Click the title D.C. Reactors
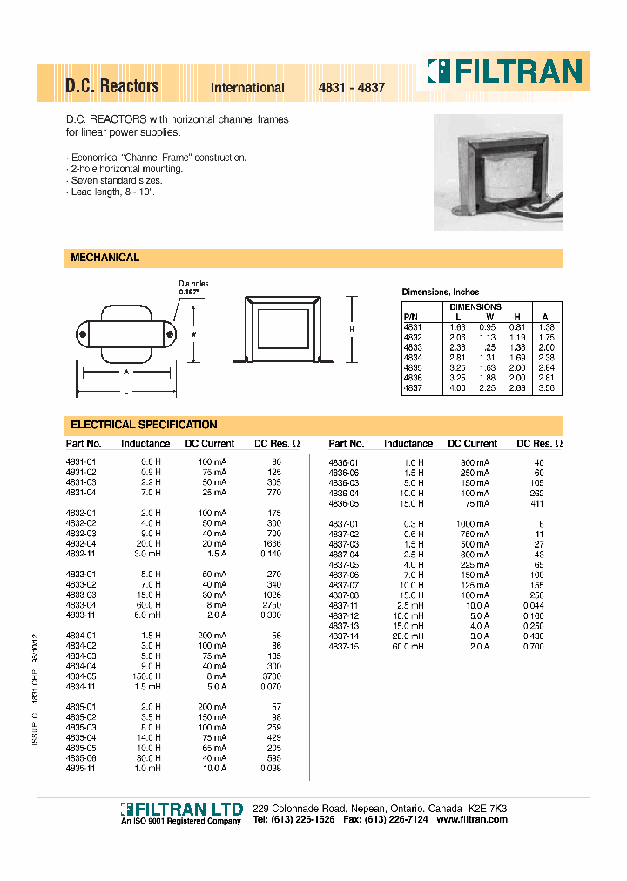tap(111, 86)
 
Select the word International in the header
tap(247, 88)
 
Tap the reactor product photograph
tap(497, 171)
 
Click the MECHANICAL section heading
tap(104, 258)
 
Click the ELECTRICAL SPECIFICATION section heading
tap(144, 425)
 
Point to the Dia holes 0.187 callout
tap(193, 288)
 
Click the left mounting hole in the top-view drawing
tap(83, 334)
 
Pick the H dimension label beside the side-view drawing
tap(351, 329)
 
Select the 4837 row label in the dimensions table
tap(412, 388)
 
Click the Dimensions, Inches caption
tap(440, 292)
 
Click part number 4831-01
tap(80, 461)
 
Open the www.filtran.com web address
tap(471, 821)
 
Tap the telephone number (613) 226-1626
tap(303, 821)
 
